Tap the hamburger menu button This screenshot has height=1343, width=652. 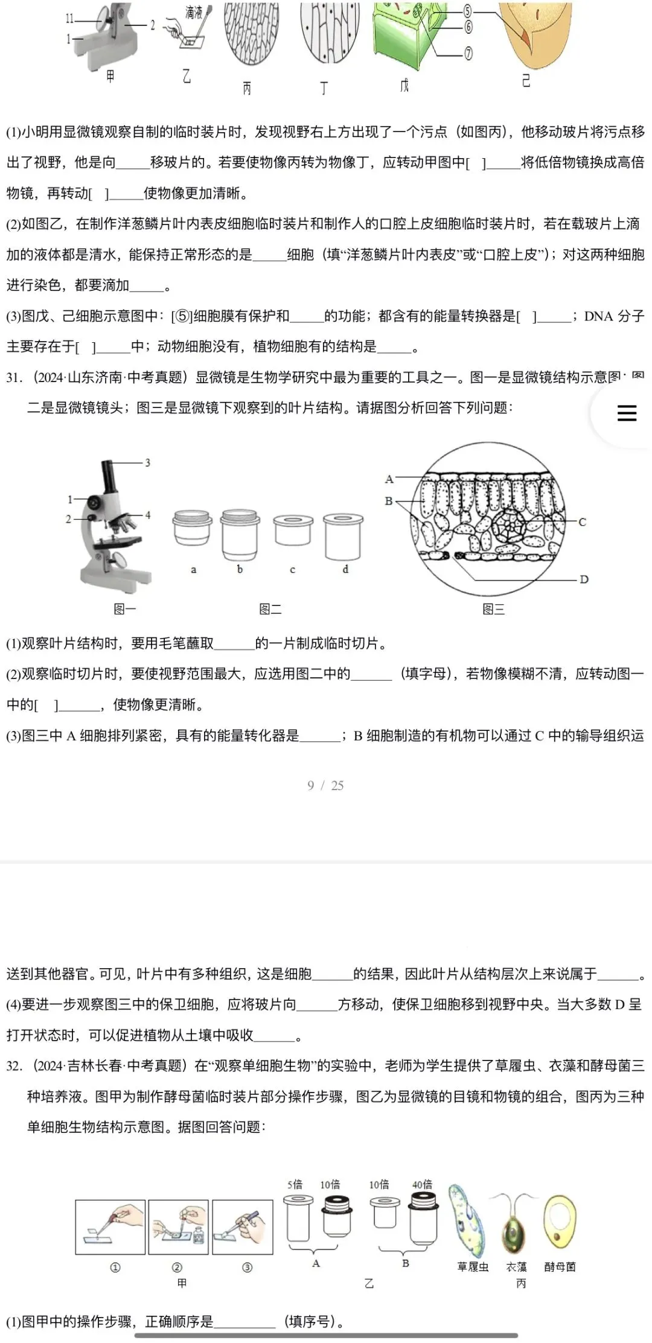[x=627, y=413]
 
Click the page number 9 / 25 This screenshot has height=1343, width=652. [x=325, y=785]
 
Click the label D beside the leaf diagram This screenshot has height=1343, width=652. [x=584, y=579]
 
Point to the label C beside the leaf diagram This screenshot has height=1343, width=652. [x=582, y=522]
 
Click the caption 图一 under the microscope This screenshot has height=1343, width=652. [x=125, y=610]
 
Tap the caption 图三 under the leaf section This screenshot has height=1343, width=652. [x=493, y=610]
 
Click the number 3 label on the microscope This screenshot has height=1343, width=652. [x=147, y=463]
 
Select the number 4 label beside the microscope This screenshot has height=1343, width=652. [x=147, y=515]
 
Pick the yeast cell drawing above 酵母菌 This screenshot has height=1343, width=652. [x=560, y=1220]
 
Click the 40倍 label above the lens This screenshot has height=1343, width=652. [x=422, y=1184]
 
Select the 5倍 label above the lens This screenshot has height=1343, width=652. [x=295, y=1184]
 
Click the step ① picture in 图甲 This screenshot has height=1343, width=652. [x=110, y=1227]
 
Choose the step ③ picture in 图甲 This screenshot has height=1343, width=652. [x=243, y=1227]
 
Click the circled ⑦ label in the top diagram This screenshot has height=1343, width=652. [x=468, y=54]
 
